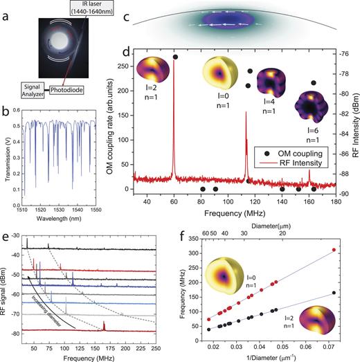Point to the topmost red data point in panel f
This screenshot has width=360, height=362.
(x=334, y=250)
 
